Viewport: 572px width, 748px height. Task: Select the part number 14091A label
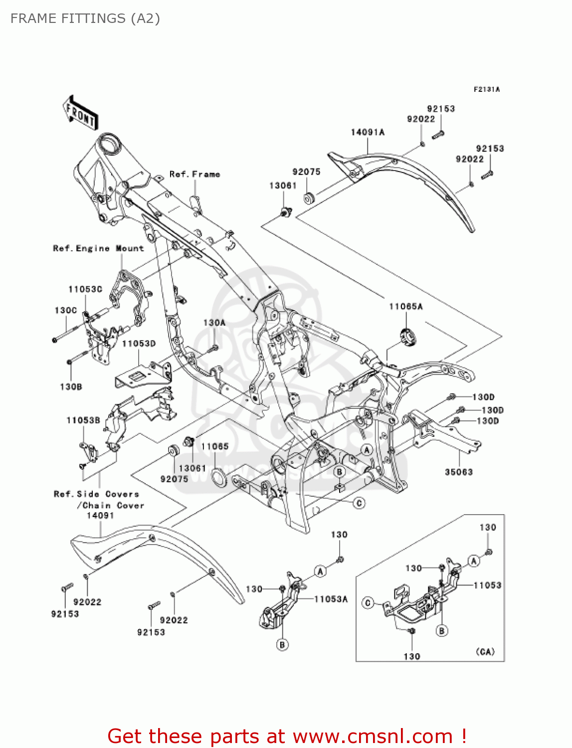pyautogui.click(x=368, y=132)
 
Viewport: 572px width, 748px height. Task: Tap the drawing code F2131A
pyautogui.click(x=486, y=89)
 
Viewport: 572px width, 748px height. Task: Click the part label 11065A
pyautogui.click(x=405, y=307)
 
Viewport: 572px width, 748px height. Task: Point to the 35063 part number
pyautogui.click(x=458, y=472)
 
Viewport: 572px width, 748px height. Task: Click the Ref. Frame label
pyautogui.click(x=194, y=174)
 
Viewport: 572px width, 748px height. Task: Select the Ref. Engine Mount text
pyautogui.click(x=98, y=248)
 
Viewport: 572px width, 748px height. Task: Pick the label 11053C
pyautogui.click(x=85, y=289)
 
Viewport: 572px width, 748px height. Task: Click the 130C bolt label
pyautogui.click(x=66, y=310)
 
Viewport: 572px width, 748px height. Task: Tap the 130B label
pyautogui.click(x=71, y=386)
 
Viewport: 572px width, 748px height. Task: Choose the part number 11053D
pyautogui.click(x=139, y=344)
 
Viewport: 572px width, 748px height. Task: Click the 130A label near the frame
pyautogui.click(x=214, y=323)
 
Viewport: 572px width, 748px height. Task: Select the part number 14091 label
pyautogui.click(x=100, y=516)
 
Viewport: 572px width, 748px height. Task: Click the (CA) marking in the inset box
pyautogui.click(x=485, y=652)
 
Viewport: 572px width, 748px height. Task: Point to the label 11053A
pyautogui.click(x=331, y=599)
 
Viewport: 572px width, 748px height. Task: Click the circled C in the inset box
pyautogui.click(x=368, y=603)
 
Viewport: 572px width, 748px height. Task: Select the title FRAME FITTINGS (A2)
pyautogui.click(x=85, y=18)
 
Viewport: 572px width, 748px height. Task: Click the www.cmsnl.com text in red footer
pyautogui.click(x=373, y=736)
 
